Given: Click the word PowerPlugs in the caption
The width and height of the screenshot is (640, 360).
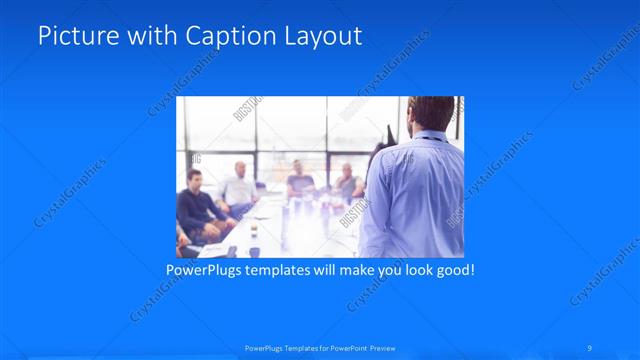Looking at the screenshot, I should pos(204,270).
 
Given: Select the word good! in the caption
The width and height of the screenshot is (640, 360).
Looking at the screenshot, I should pos(452,270).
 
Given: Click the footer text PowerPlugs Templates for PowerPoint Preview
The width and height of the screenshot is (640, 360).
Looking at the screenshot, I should pos(320,347).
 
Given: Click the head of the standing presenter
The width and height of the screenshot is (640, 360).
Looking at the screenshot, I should pos(432,114).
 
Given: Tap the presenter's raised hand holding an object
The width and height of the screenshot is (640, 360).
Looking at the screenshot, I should pos(388,135).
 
